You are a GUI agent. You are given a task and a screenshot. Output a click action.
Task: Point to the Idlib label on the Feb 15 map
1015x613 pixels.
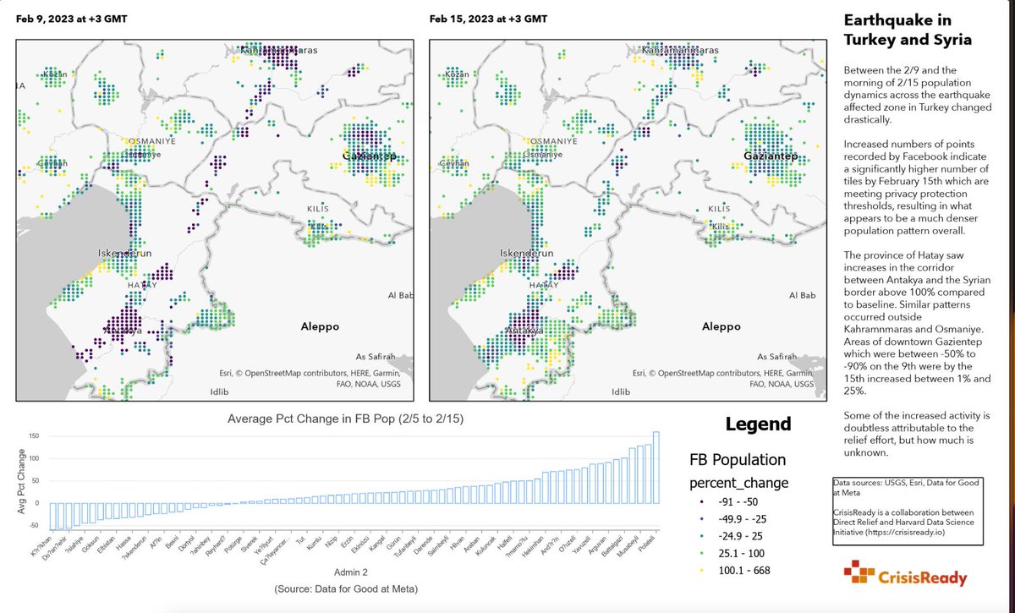point(622,392)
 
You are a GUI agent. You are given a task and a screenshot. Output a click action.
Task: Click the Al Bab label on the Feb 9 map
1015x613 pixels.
point(400,295)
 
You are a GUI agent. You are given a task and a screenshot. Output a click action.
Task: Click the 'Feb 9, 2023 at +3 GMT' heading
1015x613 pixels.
point(71,19)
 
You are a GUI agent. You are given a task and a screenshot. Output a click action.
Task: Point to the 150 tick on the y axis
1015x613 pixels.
point(34,436)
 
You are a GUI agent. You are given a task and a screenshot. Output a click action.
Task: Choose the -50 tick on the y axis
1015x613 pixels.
point(34,525)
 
